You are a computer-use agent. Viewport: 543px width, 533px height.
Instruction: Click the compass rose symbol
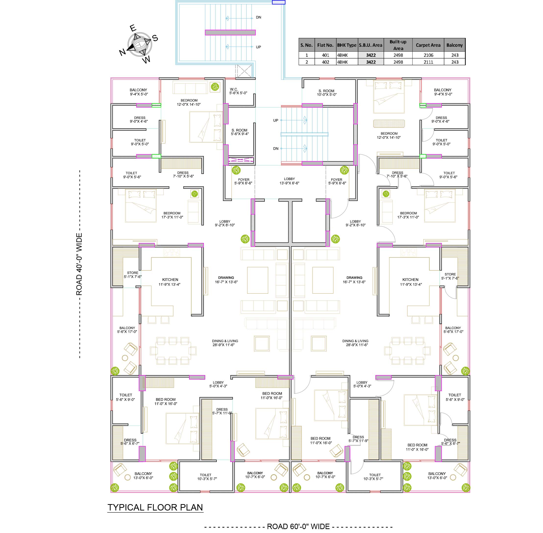[139, 44]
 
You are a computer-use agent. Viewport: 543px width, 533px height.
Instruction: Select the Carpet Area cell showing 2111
[428, 62]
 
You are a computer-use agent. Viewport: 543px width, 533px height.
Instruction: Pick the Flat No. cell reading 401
[325, 55]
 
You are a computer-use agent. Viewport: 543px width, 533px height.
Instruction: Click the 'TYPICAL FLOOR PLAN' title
[155, 508]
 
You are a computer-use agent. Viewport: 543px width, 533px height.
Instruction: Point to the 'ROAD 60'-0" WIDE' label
[298, 527]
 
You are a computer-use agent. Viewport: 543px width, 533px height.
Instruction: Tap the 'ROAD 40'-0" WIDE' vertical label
[79, 264]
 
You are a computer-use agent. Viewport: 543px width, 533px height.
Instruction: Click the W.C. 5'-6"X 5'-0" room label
[238, 91]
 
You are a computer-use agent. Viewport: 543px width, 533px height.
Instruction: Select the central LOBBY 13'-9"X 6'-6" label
[289, 181]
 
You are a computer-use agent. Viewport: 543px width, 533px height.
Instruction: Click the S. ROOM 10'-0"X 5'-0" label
[326, 93]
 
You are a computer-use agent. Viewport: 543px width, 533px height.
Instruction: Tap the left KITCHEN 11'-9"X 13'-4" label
[170, 282]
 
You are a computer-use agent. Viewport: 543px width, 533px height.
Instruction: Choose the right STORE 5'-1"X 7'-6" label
[450, 276]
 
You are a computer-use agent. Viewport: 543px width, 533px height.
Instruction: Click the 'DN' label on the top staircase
[258, 17]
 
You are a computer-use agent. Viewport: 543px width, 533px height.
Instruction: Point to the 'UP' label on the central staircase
[276, 120]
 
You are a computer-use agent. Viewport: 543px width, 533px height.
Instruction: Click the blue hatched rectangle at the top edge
[278, 2]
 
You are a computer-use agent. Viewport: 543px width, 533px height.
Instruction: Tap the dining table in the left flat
[173, 350]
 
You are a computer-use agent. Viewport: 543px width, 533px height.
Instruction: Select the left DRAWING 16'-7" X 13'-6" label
[226, 280]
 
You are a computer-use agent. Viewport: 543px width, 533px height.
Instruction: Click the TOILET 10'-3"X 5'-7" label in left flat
[205, 477]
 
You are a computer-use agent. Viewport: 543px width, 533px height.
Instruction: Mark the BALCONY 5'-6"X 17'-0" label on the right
[453, 330]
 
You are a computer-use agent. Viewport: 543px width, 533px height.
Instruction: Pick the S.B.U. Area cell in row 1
[371, 55]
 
